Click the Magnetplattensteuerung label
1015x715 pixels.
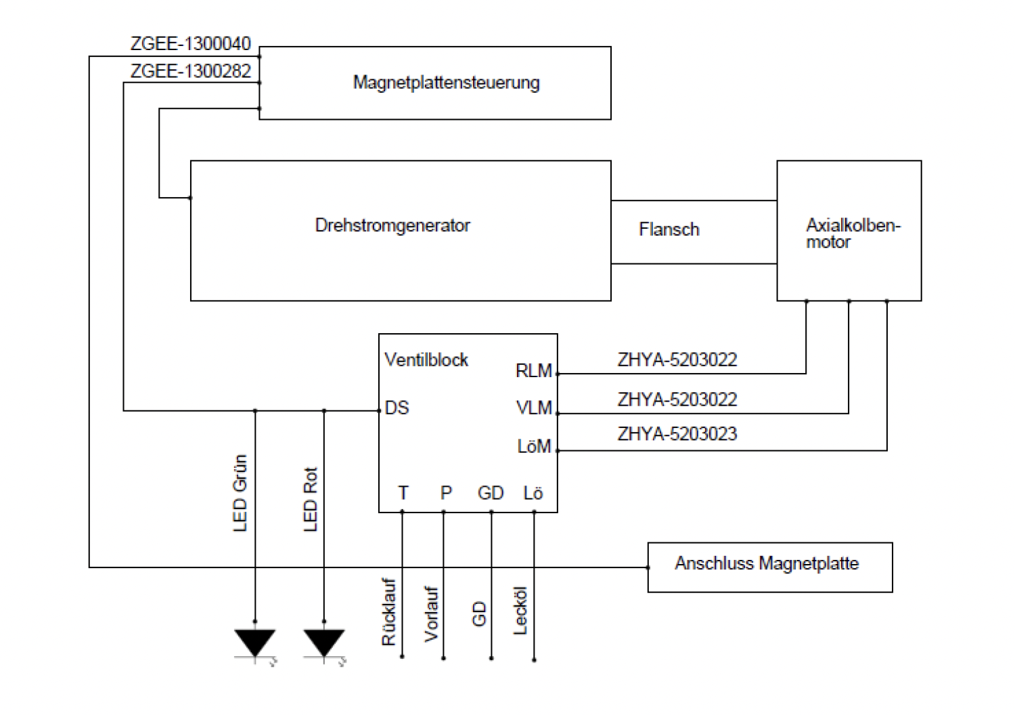[x=447, y=83]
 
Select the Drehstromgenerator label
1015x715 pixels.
[x=392, y=225]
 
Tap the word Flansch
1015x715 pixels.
[x=669, y=229]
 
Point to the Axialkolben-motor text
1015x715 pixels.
[x=853, y=234]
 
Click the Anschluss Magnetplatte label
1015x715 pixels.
[x=767, y=563]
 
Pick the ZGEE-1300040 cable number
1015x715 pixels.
[x=190, y=43]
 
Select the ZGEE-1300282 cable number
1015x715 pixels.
[x=190, y=70]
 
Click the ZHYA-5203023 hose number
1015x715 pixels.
[x=677, y=434]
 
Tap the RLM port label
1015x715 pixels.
[x=534, y=371]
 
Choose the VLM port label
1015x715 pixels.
[x=535, y=408]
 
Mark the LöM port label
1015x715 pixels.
[x=535, y=446]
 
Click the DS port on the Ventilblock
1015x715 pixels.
[x=397, y=408]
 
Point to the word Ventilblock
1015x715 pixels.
[x=426, y=360]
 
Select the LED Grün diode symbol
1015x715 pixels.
[x=255, y=643]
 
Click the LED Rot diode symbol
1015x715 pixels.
[x=324, y=643]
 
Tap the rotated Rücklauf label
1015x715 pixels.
[x=389, y=611]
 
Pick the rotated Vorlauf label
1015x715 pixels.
[x=431, y=614]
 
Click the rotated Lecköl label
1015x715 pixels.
[x=520, y=610]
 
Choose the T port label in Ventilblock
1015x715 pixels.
[x=403, y=493]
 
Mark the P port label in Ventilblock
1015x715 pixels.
[x=446, y=493]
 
